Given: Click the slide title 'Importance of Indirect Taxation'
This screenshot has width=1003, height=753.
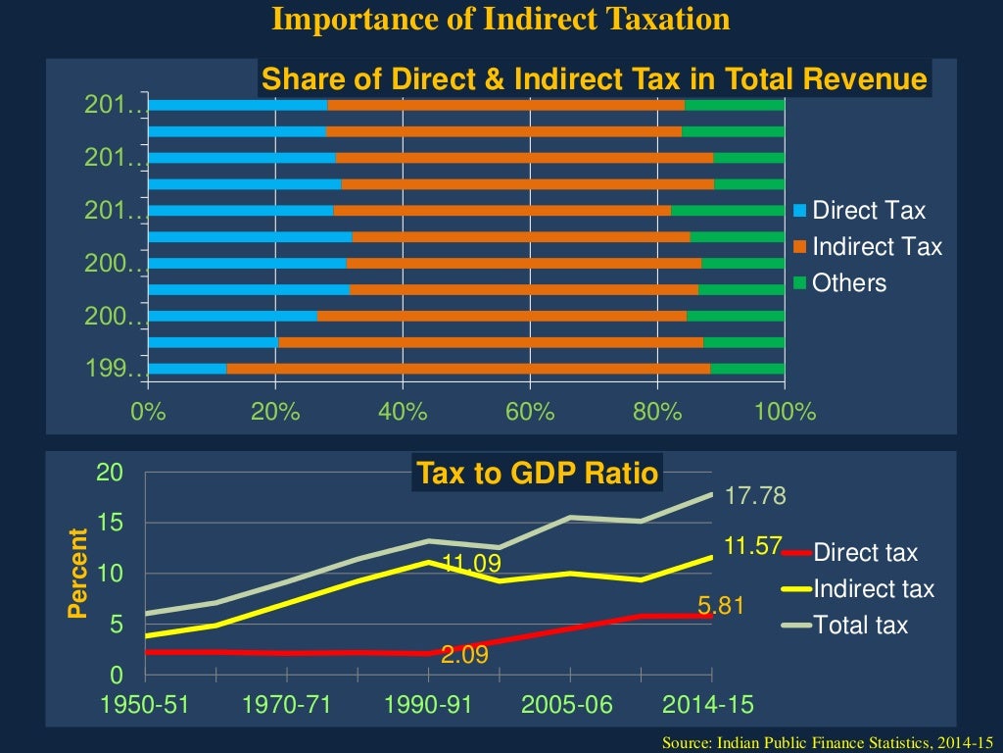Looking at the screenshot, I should (501, 20).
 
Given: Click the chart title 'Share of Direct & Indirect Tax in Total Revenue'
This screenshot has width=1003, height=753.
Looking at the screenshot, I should (595, 80).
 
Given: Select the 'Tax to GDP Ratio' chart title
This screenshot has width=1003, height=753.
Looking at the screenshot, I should (537, 474).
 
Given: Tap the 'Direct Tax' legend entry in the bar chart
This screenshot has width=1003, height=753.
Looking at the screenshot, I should (868, 211).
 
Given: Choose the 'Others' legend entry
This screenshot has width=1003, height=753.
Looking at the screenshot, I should (848, 283).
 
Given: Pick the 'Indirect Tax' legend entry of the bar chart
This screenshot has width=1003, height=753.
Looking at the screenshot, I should (877, 247).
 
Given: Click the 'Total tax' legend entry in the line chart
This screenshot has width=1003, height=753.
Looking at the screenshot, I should (860, 625).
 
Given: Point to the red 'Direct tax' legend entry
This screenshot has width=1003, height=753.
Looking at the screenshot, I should (865, 553).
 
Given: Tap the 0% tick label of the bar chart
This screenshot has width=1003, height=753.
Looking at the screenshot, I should (149, 411).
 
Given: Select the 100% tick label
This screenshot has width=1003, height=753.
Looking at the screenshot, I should (786, 411).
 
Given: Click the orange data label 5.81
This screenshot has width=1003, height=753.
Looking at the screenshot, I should (722, 607).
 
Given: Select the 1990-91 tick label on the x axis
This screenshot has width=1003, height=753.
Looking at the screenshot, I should (428, 706).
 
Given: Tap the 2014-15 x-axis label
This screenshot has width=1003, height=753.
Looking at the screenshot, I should (710, 706).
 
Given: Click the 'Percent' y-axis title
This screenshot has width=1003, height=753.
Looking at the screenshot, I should (77, 574).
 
